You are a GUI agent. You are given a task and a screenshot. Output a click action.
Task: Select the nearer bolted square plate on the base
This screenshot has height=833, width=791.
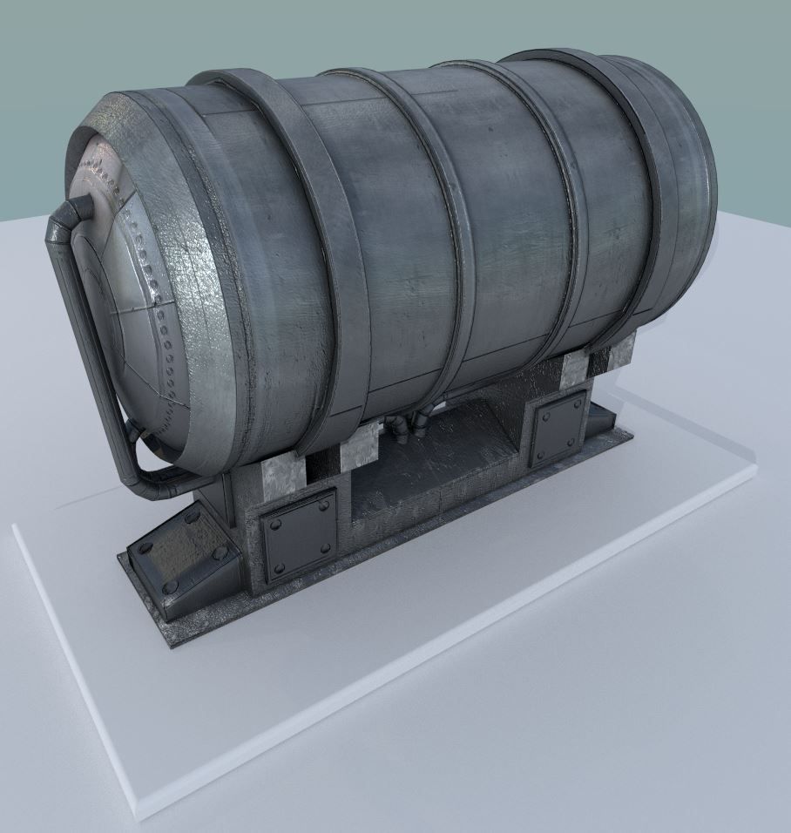pos(299,535)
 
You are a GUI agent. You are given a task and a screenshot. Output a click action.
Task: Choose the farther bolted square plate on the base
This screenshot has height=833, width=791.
pos(558,429)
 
